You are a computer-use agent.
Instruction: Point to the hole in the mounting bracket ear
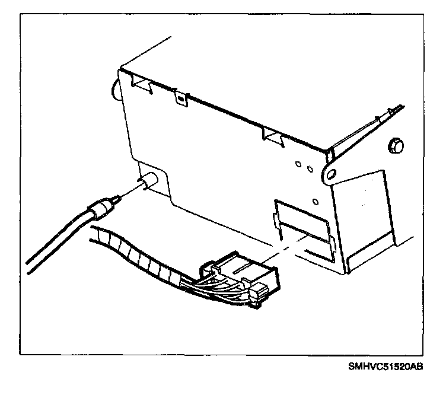[x=331, y=173]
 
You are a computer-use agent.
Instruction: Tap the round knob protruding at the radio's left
[x=114, y=88]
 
